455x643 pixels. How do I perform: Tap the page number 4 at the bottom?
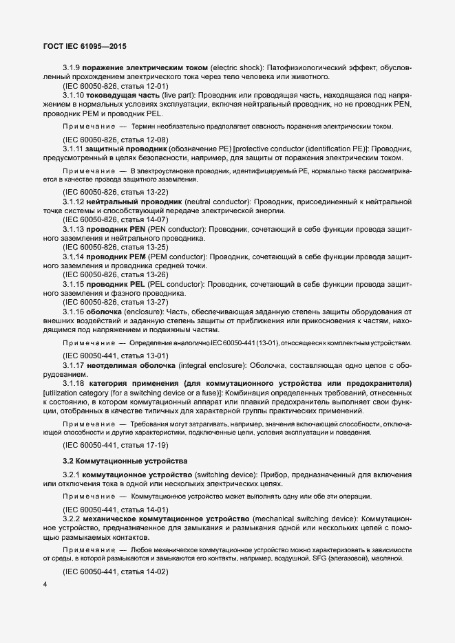pos(45,585)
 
